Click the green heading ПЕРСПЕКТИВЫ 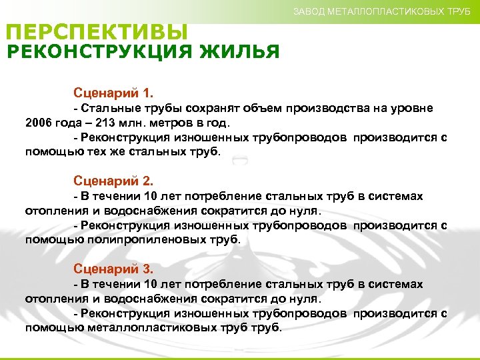pyautogui.click(x=97, y=31)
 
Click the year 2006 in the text pyautogui.click(x=39, y=123)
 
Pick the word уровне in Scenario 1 pyautogui.click(x=415, y=108)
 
